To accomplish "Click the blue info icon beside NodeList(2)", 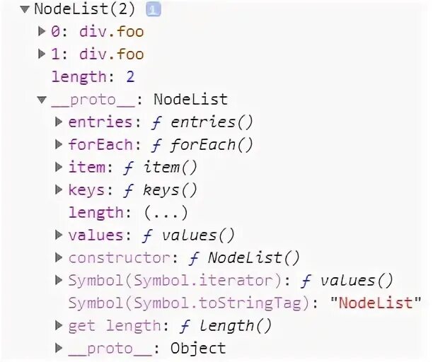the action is click(x=154, y=9).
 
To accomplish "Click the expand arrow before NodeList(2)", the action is click(x=25, y=9).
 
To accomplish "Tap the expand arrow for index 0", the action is click(x=42, y=32).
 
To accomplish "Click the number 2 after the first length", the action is click(x=129, y=77).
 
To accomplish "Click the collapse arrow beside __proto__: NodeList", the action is click(x=42, y=100).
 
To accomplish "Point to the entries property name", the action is click(x=99, y=122).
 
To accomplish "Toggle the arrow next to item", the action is click(x=59, y=168).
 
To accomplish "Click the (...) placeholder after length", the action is click(x=165, y=213).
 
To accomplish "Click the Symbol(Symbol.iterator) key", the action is click(x=178, y=281).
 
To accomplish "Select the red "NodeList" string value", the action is click(x=375, y=303).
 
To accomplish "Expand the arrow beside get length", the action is click(x=59, y=326).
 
